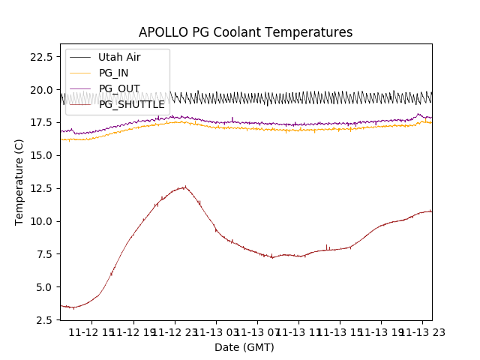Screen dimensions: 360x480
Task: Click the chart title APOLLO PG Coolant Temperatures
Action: [245, 32]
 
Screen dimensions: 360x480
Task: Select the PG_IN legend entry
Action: [113, 73]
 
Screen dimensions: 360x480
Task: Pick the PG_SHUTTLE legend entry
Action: [131, 104]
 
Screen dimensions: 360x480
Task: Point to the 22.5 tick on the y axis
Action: [40, 57]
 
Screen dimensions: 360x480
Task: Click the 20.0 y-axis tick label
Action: [40, 90]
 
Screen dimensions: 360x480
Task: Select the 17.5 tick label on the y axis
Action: [40, 122]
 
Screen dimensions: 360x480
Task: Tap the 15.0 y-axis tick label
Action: [40, 155]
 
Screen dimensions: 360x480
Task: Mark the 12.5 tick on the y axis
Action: [40, 188]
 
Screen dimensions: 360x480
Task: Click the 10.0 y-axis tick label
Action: [40, 221]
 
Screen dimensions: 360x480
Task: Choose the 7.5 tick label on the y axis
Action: [43, 254]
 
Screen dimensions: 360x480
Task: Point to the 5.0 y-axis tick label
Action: [43, 286]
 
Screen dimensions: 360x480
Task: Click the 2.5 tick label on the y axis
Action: [43, 319]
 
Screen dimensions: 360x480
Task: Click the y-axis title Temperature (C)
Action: [19, 181]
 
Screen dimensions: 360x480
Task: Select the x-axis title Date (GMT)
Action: [244, 347]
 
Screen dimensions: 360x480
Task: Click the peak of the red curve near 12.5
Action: [183, 187]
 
